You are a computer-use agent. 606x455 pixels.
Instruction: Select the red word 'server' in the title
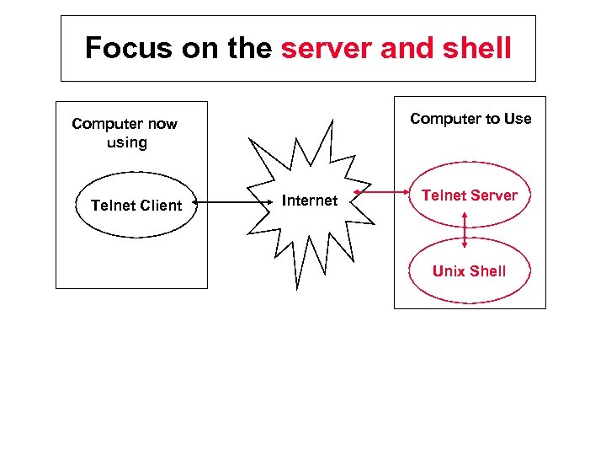327,48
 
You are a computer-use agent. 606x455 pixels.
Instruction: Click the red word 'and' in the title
404,48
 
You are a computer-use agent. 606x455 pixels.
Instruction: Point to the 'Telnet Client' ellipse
136,204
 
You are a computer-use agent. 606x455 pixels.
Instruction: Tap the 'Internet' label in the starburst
310,201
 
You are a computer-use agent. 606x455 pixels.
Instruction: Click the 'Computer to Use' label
470,119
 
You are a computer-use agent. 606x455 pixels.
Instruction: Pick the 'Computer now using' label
125,133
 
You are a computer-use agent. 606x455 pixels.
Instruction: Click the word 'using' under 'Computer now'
126,143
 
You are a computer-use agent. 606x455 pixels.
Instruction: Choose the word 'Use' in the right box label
518,119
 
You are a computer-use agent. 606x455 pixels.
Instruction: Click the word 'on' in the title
202,48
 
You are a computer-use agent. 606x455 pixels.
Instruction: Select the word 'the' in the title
249,48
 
